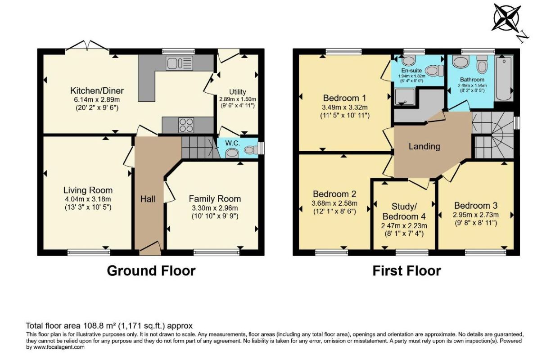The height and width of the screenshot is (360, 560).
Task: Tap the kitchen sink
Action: tap(180, 63)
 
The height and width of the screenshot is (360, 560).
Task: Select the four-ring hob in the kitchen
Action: tap(186, 125)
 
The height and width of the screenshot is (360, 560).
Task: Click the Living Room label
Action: tap(88, 190)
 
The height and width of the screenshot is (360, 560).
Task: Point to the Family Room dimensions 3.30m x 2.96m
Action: tap(215, 208)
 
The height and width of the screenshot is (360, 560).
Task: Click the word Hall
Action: tap(148, 199)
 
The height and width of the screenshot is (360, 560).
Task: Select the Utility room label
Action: tap(238, 92)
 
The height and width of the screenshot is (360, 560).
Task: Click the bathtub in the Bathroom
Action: tap(504, 78)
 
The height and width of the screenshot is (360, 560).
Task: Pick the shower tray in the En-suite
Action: tap(405, 96)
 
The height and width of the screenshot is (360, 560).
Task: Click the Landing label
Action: tap(424, 146)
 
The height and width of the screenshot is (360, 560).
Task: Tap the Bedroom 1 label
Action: tap(345, 98)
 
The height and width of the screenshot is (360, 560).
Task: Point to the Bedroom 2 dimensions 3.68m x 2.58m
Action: tap(334, 203)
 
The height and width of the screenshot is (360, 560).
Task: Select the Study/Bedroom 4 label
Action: tap(404, 211)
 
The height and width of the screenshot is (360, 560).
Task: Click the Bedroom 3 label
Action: tap(476, 205)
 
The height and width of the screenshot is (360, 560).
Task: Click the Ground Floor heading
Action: tap(151, 271)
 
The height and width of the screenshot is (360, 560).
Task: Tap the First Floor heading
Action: tap(407, 271)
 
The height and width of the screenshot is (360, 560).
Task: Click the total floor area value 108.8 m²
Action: tap(99, 326)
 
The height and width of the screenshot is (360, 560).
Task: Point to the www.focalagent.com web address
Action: tap(59, 347)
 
